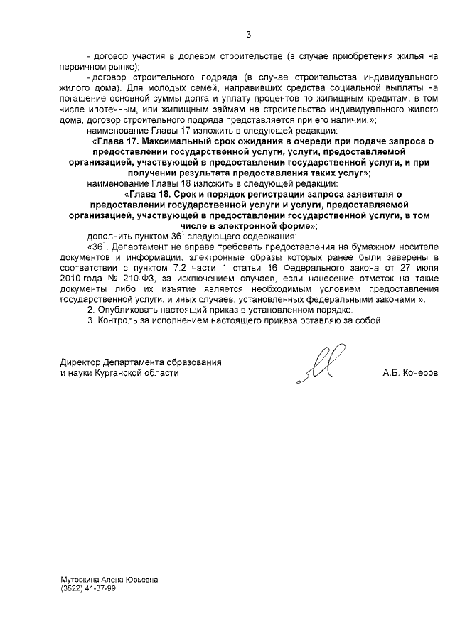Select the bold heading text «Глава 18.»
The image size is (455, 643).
152,193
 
